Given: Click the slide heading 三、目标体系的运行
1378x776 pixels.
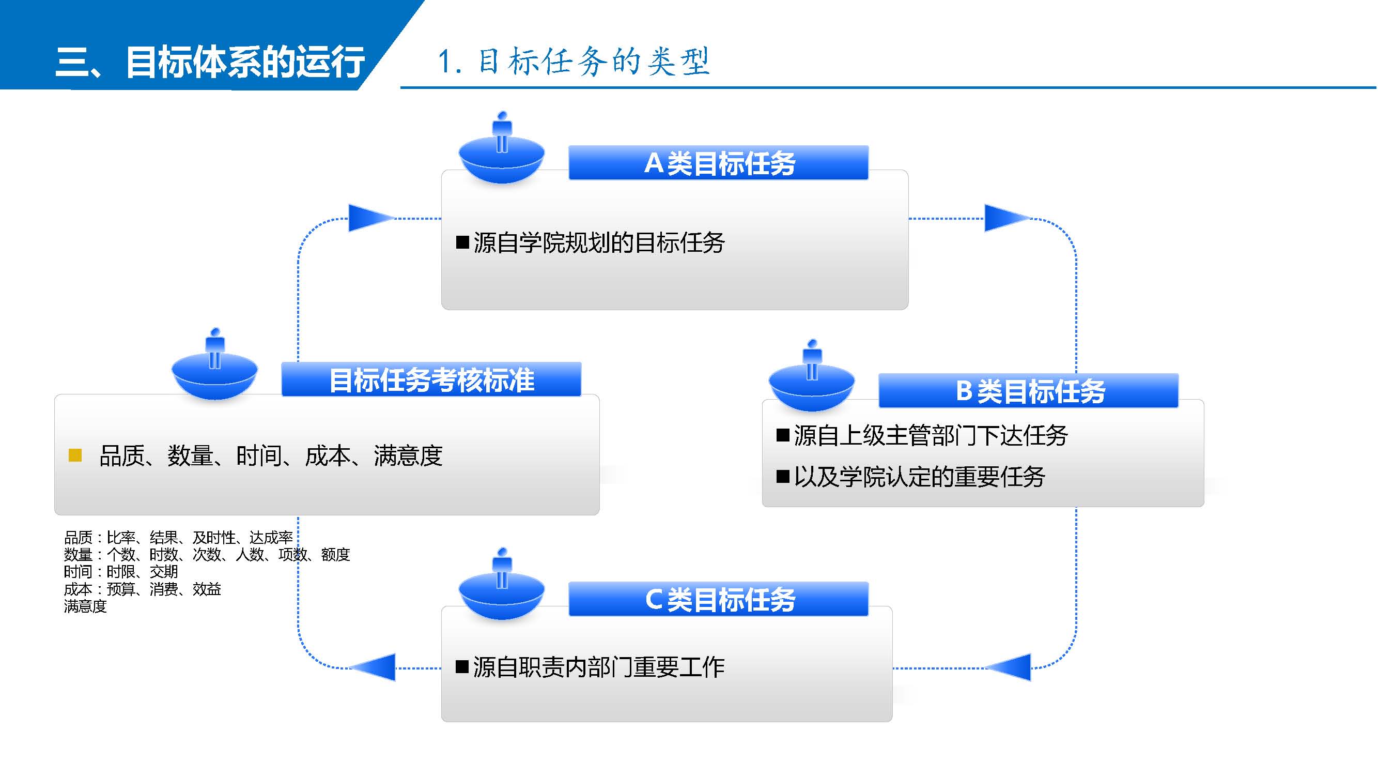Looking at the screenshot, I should [210, 62].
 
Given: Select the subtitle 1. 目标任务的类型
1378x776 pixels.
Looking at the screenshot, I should [574, 61].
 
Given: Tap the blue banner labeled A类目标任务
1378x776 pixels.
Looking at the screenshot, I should [718, 163].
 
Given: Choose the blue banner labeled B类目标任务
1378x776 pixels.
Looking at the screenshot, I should [1029, 391].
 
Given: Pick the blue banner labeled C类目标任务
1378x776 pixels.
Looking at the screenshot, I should [718, 599].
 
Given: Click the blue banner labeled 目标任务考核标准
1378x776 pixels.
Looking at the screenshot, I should [431, 379].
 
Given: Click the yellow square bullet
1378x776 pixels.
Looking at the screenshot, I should [75, 455].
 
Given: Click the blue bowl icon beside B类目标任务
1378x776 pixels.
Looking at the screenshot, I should [812, 385].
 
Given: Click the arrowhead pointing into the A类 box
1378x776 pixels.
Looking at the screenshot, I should [369, 218].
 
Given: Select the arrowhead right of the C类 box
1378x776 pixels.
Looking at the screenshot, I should [1011, 667].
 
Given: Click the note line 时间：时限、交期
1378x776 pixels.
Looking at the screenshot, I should [121, 572].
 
